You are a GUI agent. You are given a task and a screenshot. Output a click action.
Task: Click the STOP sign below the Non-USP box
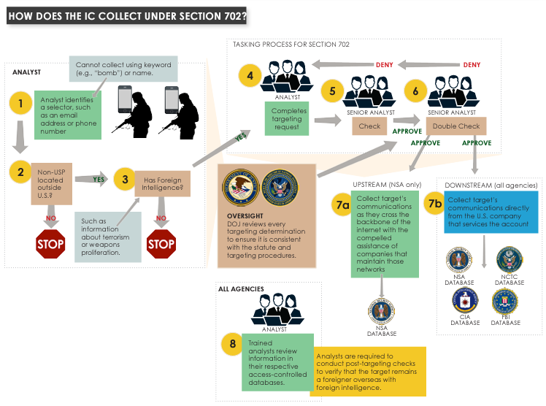click(x=50, y=242)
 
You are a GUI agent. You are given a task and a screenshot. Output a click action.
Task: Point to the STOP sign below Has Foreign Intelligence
click(x=161, y=242)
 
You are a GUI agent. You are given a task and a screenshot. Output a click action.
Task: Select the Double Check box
click(x=456, y=126)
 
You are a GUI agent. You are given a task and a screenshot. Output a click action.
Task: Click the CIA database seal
click(x=465, y=301)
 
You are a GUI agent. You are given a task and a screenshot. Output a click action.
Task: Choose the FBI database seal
click(x=505, y=301)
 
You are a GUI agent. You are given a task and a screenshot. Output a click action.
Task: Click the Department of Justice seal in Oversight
click(x=241, y=188)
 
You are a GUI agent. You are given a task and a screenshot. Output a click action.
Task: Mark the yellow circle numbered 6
click(x=415, y=91)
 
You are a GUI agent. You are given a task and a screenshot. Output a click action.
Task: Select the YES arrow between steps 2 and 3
click(x=91, y=177)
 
